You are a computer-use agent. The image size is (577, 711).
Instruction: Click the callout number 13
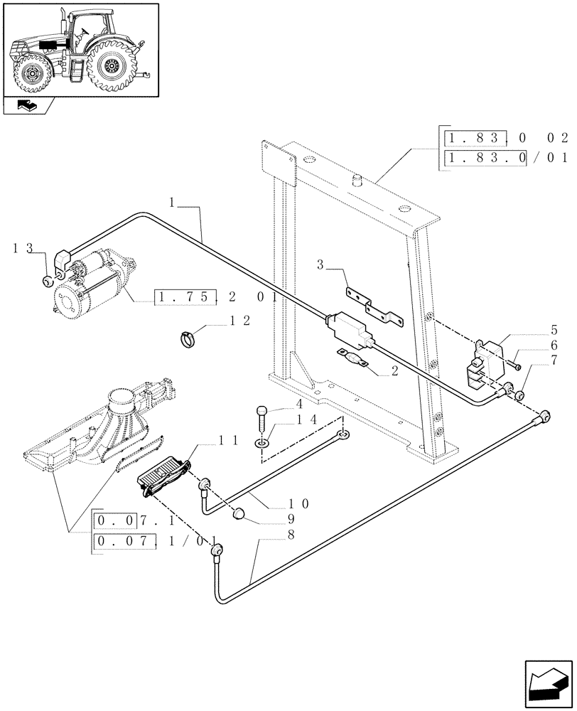pyautogui.click(x=23, y=248)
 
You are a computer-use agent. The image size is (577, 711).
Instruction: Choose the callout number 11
pyautogui.click(x=227, y=441)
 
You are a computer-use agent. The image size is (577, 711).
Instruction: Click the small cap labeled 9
pyautogui.click(x=239, y=513)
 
